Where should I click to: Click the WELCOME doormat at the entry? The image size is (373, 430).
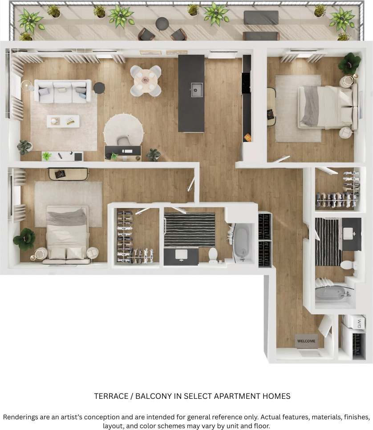coord(306,341)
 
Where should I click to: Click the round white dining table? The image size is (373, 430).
coord(146,80)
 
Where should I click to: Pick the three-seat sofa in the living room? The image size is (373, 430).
coord(62,91)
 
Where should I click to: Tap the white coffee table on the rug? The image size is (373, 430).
coord(63,121)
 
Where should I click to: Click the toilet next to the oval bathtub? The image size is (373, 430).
coord(213,255)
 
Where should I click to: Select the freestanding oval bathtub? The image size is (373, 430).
coord(242,241)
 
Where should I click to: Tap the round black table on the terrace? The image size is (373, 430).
coord(162,23)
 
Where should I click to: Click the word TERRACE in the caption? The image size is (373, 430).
coord(111,396)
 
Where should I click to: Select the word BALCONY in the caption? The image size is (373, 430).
coord(152,396)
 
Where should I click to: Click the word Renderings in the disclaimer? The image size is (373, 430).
coord(21,418)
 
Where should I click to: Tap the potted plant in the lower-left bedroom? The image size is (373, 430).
coord(24,239)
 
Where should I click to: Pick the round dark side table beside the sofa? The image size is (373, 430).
coord(99,88)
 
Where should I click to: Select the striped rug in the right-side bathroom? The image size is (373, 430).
coord(328,241)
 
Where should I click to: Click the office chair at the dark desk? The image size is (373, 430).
coord(123,142)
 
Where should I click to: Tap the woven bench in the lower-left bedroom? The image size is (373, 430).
coord(69,174)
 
